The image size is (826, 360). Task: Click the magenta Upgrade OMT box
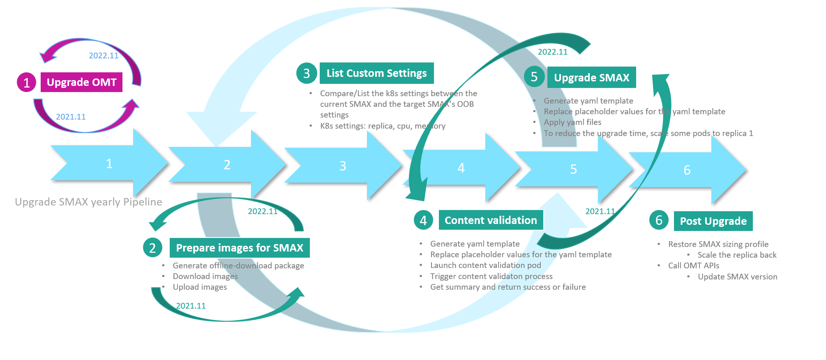[x=81, y=82]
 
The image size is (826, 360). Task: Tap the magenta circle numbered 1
[x=27, y=82]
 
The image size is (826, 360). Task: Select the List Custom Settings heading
[x=376, y=73]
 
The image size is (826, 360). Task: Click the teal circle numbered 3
[x=307, y=73]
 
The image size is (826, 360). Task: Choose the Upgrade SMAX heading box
[x=591, y=77]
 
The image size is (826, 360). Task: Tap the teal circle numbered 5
[x=534, y=77]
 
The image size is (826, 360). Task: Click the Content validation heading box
[x=491, y=220]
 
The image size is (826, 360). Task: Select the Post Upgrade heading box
[x=713, y=221]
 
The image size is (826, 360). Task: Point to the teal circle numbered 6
[x=659, y=220]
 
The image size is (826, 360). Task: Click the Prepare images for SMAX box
[x=240, y=248]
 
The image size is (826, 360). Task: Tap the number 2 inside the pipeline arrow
[x=227, y=165]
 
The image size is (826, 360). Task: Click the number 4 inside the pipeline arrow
[x=461, y=168]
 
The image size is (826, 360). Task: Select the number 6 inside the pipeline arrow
[x=687, y=170]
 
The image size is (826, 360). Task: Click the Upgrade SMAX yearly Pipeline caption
[x=88, y=202]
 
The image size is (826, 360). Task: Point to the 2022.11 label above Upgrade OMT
[x=104, y=55]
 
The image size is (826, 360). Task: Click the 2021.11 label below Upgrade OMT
[x=71, y=117]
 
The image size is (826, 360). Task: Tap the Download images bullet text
[x=205, y=276]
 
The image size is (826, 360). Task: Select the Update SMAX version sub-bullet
[x=737, y=277]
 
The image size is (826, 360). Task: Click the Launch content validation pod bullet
[x=485, y=265]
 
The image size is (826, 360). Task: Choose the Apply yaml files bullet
[x=572, y=122]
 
